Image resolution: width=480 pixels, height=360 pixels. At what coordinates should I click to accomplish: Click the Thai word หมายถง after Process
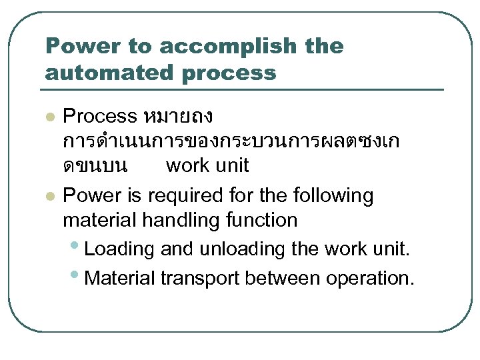[x=177, y=117]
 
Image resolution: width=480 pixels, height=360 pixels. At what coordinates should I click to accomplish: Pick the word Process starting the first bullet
[x=99, y=117]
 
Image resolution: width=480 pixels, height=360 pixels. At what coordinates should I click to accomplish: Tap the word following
[x=331, y=196]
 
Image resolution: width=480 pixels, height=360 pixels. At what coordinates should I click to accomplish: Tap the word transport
[x=201, y=277]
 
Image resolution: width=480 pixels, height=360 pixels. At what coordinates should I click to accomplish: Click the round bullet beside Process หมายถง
[x=48, y=118]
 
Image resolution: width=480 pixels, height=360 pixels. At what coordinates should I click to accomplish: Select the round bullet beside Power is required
[x=48, y=197]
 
